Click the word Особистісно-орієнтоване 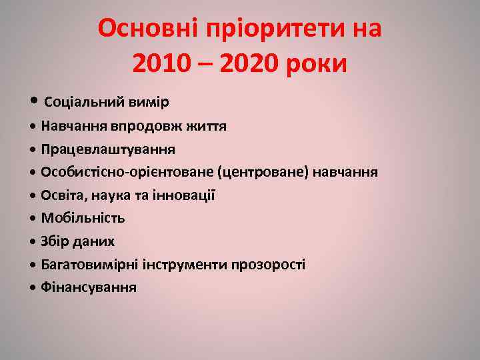[127, 173]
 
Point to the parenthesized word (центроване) [263, 173]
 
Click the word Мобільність [83, 218]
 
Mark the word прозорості [268, 265]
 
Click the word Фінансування [89, 287]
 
